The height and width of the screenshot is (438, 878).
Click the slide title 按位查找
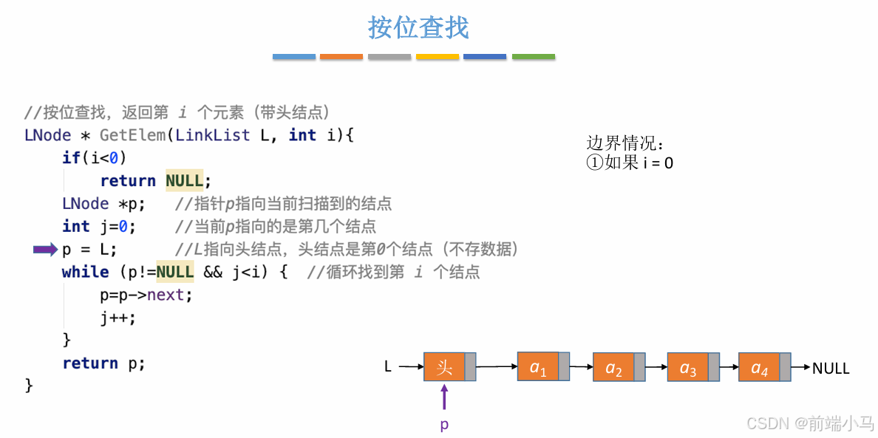(418, 28)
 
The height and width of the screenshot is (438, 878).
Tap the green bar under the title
(533, 57)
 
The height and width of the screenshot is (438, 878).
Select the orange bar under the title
(341, 57)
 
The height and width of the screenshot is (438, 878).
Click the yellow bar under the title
(438, 57)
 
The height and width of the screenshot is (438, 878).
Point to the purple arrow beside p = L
(45, 250)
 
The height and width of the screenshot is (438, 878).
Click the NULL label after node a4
(831, 368)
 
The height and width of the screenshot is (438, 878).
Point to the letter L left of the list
(388, 366)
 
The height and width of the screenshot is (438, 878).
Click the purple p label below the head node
(444, 425)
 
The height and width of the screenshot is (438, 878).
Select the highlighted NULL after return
(184, 181)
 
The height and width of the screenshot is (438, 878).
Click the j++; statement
(118, 318)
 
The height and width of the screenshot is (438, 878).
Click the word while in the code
(85, 272)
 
